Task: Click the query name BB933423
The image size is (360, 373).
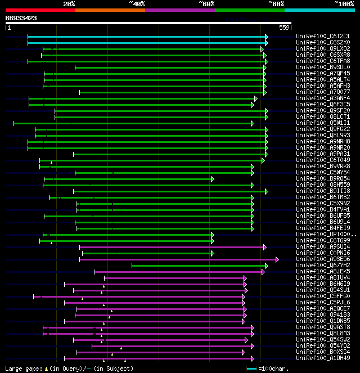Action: coord(21,18)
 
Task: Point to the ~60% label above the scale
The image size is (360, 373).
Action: coord(206,3)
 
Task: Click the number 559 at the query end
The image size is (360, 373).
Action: coord(284,27)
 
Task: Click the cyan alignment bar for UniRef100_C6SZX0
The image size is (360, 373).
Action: coord(146,42)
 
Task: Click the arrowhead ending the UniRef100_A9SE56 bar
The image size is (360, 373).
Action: coord(277,259)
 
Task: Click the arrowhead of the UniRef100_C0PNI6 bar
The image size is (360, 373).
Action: coord(213,253)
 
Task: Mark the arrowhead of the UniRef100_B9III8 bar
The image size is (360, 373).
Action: coord(266,191)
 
